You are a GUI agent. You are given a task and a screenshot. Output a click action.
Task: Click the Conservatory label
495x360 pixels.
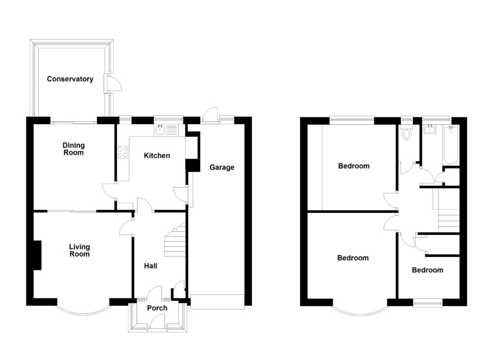(70, 79)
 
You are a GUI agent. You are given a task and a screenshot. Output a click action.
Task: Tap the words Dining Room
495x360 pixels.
(73, 149)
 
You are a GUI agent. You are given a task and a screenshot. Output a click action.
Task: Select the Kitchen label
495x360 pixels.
(156, 155)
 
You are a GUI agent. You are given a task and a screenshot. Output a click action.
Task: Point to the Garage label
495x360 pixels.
(221, 167)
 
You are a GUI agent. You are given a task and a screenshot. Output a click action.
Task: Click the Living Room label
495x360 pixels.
(79, 251)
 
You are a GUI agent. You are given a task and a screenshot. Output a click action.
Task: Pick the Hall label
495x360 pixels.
(150, 266)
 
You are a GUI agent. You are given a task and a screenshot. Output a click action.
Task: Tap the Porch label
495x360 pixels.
(157, 308)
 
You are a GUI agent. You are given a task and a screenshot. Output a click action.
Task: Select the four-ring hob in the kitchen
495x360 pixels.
(123, 152)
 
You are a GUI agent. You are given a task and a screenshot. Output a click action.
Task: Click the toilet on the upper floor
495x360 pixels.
(407, 132)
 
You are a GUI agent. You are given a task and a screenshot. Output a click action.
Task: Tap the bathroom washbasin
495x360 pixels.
(430, 130)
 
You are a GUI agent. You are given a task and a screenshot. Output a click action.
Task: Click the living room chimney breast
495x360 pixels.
(37, 255)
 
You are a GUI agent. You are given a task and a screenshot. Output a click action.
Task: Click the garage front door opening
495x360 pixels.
(217, 302)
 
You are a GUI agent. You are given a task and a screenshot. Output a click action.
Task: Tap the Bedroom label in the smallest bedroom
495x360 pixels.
(427, 270)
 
